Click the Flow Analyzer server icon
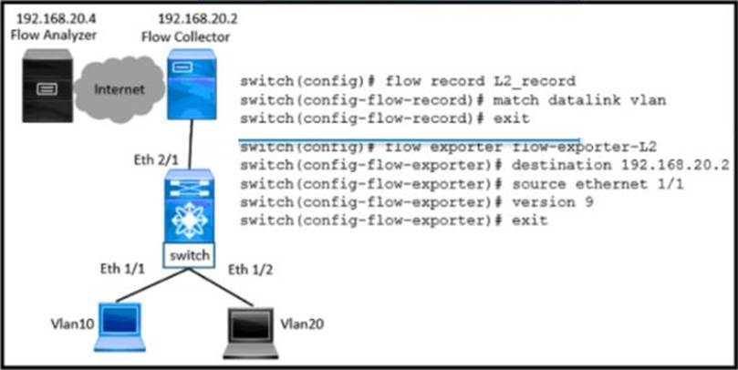pyautogui.click(x=42, y=89)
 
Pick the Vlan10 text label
pyautogui.click(x=66, y=324)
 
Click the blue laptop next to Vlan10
pyautogui.click(x=119, y=326)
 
